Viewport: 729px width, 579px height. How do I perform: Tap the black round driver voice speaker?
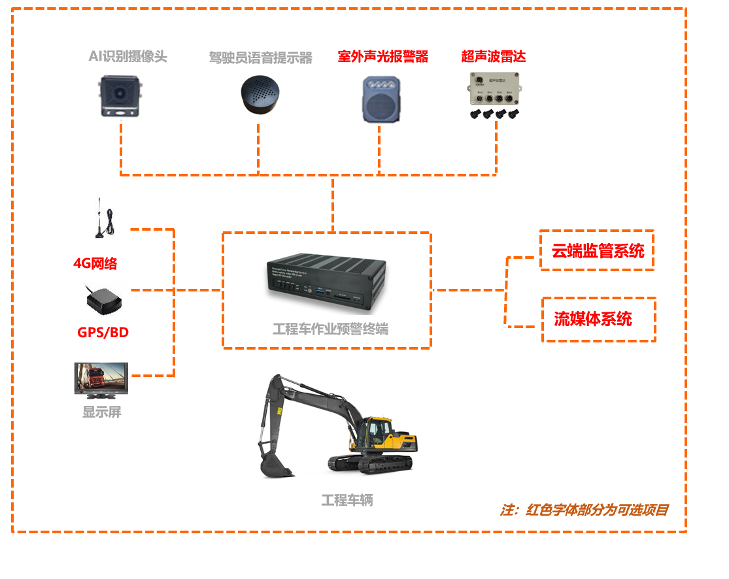260,96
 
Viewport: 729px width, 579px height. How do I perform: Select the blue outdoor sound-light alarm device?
381,99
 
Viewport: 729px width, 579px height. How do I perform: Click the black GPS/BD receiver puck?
103,299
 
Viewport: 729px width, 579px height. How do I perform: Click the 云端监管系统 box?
597,250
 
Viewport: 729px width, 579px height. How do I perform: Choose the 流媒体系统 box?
598,320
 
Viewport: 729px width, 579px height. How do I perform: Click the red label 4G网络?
95,263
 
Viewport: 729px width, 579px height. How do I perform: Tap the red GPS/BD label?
103,332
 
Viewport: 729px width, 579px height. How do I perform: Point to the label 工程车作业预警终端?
330,329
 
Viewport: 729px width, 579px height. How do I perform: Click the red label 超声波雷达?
494,56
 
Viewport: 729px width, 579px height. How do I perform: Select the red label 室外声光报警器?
383,56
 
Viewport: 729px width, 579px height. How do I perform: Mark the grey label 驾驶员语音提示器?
260,58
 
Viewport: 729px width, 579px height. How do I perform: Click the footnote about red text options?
585,510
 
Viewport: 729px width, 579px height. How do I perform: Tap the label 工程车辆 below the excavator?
347,501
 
